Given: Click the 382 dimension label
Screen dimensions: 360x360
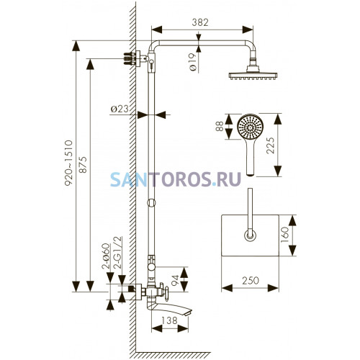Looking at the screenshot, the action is (200, 22).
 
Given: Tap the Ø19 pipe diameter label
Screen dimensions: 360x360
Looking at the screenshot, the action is (192, 62).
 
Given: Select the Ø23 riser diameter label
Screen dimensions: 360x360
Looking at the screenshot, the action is (120, 109).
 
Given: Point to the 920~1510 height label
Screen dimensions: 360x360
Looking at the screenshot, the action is (68, 163).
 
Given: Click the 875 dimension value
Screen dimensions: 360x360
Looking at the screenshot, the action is (83, 165).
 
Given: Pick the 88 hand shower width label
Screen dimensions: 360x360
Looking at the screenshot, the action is (220, 126).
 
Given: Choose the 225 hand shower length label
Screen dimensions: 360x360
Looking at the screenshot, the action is (270, 145).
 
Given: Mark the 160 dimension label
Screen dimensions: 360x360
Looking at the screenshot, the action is (284, 235).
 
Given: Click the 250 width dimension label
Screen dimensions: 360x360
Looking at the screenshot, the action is (251, 280).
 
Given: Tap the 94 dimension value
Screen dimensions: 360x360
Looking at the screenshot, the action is (176, 280).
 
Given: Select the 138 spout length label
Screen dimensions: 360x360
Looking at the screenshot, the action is (169, 320).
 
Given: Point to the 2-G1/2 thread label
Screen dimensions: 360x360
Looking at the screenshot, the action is (119, 253).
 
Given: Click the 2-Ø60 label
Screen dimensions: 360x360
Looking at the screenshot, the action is (106, 256).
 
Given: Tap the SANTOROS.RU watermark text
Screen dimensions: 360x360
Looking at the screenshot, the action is (176, 179).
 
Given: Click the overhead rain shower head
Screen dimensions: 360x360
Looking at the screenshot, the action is (253, 73).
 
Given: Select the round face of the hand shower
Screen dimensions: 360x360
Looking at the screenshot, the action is (251, 127).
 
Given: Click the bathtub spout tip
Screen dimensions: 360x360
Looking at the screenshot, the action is (189, 312).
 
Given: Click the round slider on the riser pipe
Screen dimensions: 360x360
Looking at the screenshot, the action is (151, 202).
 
